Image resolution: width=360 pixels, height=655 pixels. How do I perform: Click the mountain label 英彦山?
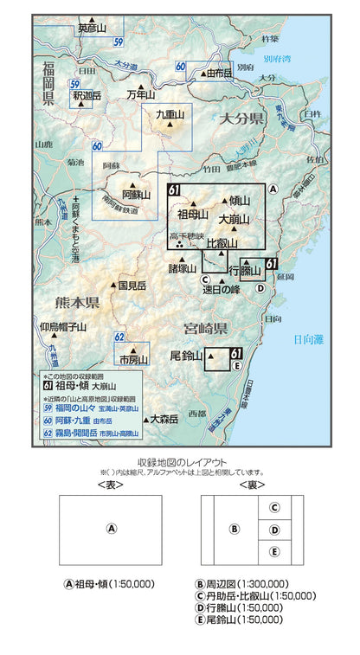pyautogui.click(x=93, y=29)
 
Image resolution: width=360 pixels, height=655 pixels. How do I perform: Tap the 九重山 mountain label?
pyautogui.click(x=170, y=114)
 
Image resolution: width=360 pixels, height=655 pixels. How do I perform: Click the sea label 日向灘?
pyautogui.click(x=306, y=340)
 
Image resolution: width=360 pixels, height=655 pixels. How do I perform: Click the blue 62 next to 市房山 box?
pyautogui.click(x=120, y=337)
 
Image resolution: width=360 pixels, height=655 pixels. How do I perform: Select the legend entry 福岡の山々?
pyautogui.click(x=87, y=397)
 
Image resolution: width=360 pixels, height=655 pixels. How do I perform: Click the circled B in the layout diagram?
pyautogui.click(x=232, y=529)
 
